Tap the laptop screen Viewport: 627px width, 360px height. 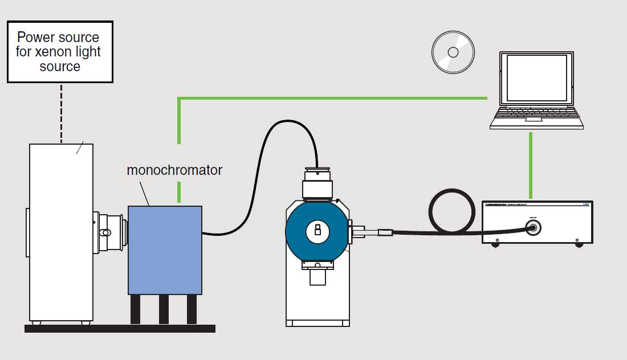(536, 78)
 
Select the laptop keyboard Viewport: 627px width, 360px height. (536, 116)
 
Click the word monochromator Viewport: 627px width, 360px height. (174, 170)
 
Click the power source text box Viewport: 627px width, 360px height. (60, 52)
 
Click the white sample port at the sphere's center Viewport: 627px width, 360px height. (317, 231)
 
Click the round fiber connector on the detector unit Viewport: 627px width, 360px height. (534, 228)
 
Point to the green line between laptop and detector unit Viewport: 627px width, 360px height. (531, 165)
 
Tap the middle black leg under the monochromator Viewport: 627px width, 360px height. (164, 309)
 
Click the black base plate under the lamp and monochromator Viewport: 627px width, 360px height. (120, 328)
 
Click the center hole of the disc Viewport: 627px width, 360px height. (453, 52)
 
